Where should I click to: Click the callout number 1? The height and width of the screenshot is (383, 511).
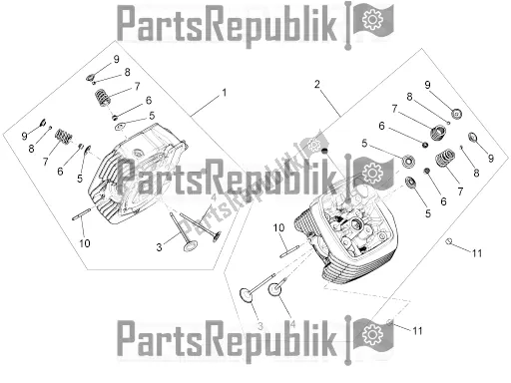pyautogui.click(x=225, y=93)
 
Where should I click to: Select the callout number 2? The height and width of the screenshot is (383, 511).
pyautogui.click(x=317, y=85)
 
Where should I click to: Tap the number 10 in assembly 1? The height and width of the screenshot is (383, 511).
pyautogui.click(x=85, y=243)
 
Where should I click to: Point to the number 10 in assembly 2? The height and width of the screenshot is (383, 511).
pyautogui.click(x=278, y=227)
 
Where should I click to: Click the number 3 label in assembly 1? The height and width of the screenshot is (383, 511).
pyautogui.click(x=159, y=247)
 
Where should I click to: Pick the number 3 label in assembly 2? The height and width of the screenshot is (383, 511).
pyautogui.click(x=260, y=326)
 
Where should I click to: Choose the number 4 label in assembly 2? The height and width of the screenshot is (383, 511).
pyautogui.click(x=292, y=324)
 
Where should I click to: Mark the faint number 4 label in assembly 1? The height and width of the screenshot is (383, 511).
pyautogui.click(x=214, y=198)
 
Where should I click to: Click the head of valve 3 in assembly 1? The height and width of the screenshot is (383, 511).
pyautogui.click(x=191, y=246)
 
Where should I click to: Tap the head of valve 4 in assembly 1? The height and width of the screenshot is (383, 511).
pyautogui.click(x=217, y=235)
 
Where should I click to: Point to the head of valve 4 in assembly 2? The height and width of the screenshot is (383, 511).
pyautogui.click(x=274, y=290)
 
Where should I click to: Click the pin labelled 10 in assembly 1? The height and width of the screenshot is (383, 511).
pyautogui.click(x=82, y=214)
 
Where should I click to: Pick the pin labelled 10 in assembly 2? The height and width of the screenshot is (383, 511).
pyautogui.click(x=290, y=251)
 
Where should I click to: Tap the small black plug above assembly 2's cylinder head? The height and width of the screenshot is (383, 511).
pyautogui.click(x=325, y=151)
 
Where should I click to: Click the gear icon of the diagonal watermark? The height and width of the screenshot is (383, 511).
pyautogui.click(x=313, y=145)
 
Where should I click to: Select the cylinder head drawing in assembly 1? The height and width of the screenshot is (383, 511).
pyautogui.click(x=137, y=174)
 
